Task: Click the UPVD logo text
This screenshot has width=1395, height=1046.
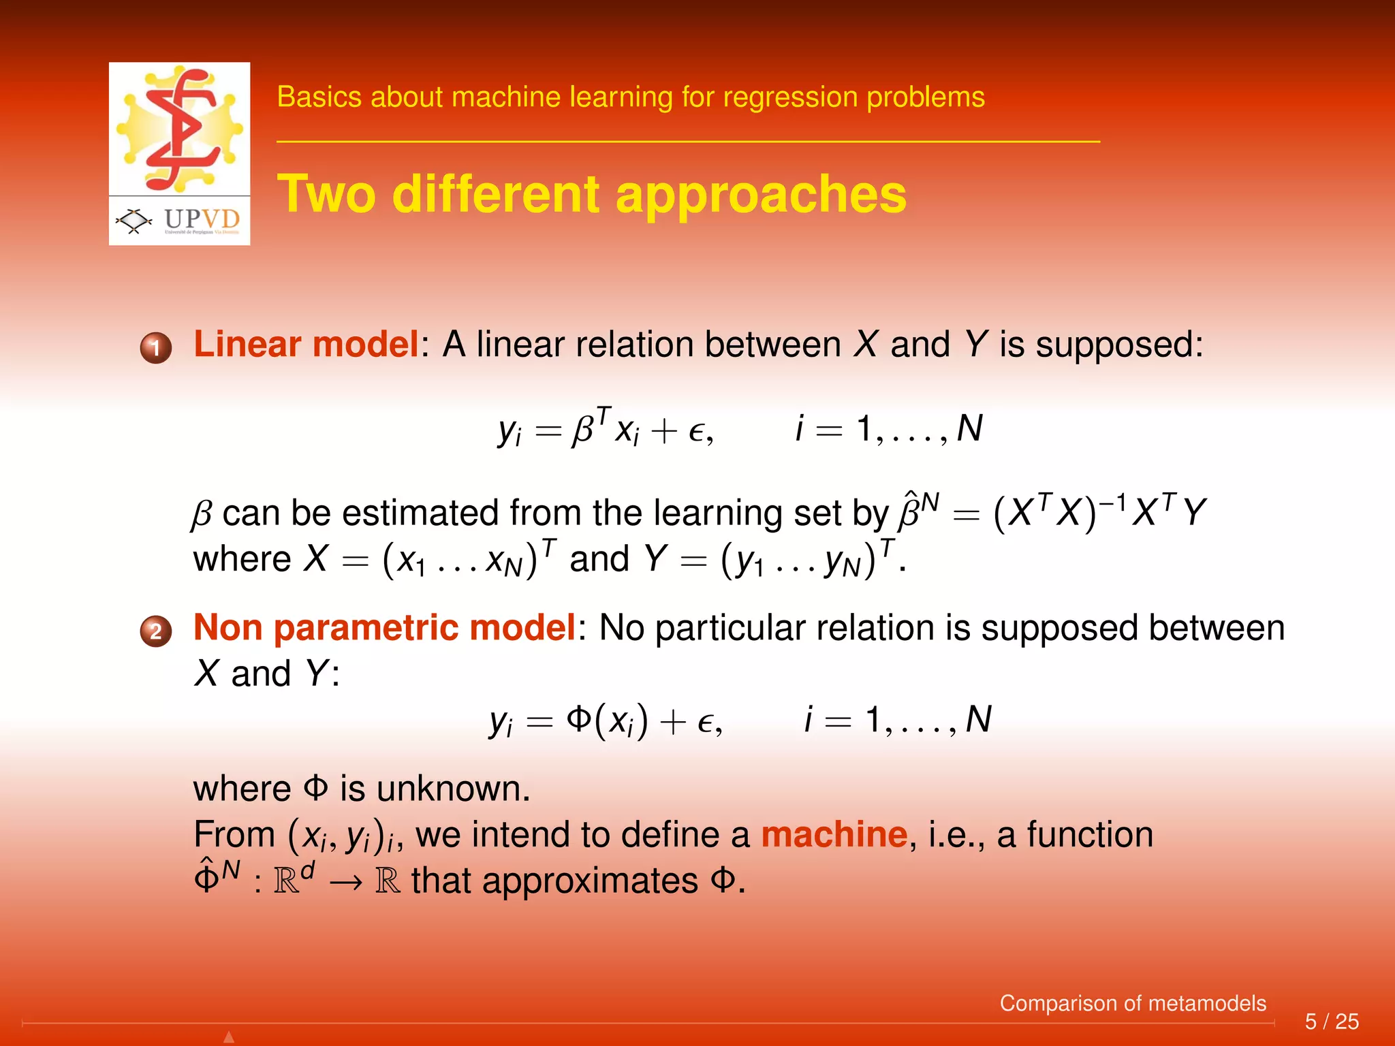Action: point(202,219)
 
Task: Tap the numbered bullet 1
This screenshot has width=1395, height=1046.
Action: point(156,348)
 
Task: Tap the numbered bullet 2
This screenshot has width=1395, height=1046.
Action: point(156,631)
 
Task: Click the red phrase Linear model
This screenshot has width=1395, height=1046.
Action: point(306,344)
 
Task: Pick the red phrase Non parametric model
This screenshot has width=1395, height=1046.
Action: point(385,627)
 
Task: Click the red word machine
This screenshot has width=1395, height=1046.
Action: point(834,834)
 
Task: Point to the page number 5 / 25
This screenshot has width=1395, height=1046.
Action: point(1331,1021)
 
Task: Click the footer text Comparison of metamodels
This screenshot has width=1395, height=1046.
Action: point(1132,1003)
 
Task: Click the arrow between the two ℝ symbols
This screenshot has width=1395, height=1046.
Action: point(345,883)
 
